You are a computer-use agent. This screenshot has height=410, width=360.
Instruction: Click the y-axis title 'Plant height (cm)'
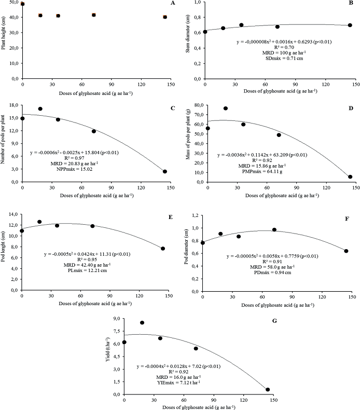coord(4,40)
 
